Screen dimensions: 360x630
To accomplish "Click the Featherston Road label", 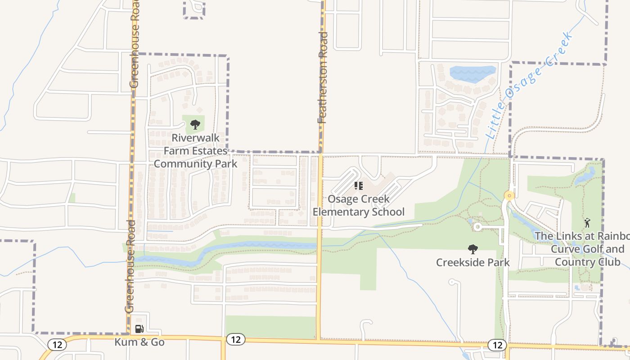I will click(x=323, y=77).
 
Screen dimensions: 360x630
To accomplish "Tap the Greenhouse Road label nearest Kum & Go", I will click(x=130, y=266).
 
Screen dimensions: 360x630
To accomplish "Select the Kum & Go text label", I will click(x=139, y=342).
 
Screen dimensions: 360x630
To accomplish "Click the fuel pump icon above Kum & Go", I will click(x=139, y=329).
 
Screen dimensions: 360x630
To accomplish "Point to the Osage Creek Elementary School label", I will click(x=359, y=205).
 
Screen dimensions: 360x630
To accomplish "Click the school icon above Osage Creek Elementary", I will click(x=359, y=185).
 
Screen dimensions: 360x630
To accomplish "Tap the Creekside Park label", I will click(x=472, y=262).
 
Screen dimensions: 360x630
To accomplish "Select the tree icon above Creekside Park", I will click(x=472, y=249).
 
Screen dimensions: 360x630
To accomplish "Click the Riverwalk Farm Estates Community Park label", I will click(x=195, y=150).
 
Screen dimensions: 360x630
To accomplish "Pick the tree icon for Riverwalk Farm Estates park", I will click(x=195, y=124).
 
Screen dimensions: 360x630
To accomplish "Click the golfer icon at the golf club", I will click(x=587, y=222).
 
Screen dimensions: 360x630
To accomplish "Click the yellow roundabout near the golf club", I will click(x=509, y=196).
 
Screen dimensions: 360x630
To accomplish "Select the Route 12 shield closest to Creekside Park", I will click(x=497, y=345).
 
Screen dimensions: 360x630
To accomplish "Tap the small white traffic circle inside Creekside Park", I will click(x=477, y=227).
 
